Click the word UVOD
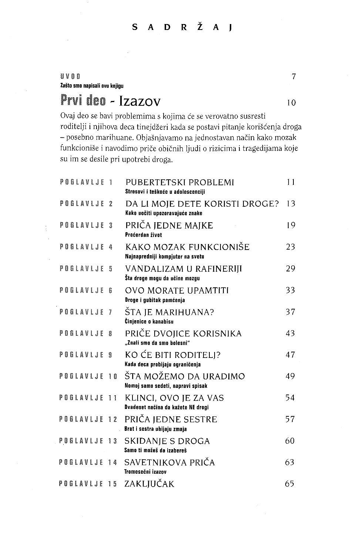click(x=70, y=77)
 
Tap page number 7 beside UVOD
click(x=293, y=77)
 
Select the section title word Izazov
click(x=137, y=101)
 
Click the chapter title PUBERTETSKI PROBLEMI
click(x=180, y=182)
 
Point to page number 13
click(x=291, y=204)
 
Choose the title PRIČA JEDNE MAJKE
click(x=169, y=226)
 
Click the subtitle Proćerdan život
click(x=144, y=235)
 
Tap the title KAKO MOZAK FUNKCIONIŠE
click(x=187, y=247)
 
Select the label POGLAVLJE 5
click(x=86, y=269)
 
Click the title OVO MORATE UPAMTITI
click(x=177, y=291)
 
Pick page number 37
click(x=290, y=312)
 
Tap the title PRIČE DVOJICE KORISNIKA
click(x=183, y=334)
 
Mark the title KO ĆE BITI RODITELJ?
click(x=173, y=355)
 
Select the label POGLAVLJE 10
click(x=88, y=376)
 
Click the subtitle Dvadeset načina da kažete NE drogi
click(x=167, y=407)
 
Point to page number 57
click(x=290, y=419)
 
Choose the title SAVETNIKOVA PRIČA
click(x=170, y=463)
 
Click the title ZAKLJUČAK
click(x=149, y=484)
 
